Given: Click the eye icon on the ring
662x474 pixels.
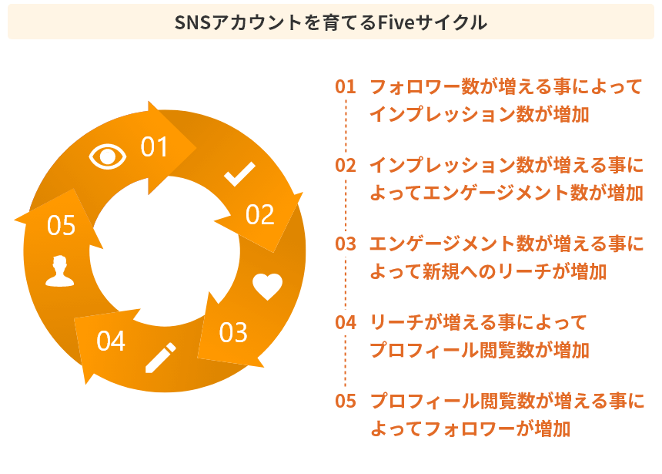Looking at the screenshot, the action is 108,156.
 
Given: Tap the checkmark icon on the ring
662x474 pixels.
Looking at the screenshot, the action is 239,174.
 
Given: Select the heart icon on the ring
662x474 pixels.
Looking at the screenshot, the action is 268,287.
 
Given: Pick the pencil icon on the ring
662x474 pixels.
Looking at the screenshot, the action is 160,358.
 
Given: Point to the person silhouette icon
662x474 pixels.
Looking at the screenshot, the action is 59,271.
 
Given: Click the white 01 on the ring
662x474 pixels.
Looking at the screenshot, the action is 154,146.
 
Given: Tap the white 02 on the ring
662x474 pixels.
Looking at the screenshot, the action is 260,215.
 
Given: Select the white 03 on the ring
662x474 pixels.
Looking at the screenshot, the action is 233,332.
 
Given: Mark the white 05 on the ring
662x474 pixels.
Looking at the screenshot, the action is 61,226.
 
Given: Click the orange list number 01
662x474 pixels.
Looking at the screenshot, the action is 346,86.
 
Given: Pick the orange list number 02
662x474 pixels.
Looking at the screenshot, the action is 346,165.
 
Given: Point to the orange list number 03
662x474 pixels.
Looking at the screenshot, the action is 346,244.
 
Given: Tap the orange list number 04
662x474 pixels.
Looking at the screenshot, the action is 346,322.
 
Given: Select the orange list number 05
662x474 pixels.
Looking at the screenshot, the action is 346,401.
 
